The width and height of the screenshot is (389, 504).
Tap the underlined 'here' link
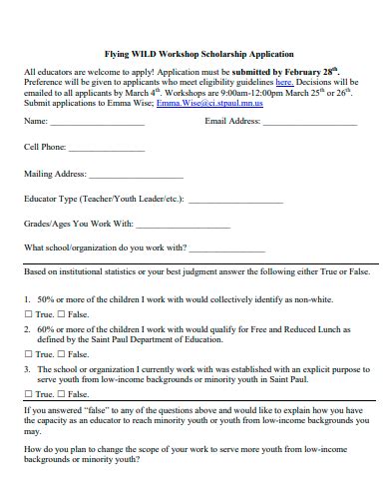click(x=284, y=83)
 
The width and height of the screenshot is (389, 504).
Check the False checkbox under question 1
click(x=61, y=314)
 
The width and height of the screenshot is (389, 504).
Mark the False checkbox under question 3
click(x=61, y=394)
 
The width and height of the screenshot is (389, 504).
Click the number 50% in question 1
click(x=45, y=298)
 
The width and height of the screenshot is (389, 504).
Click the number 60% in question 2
click(x=45, y=328)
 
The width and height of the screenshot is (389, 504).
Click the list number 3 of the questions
click(x=26, y=368)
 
